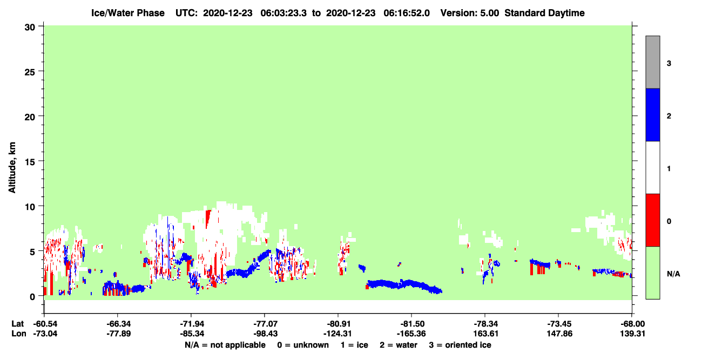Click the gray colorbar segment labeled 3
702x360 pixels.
(x=652, y=62)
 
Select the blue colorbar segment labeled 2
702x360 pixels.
(x=652, y=114)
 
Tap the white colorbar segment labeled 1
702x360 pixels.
(x=652, y=168)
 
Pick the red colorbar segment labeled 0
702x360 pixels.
(x=652, y=220)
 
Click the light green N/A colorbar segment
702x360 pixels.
(x=652, y=273)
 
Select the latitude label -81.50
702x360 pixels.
(x=412, y=324)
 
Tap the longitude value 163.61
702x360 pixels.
(x=486, y=334)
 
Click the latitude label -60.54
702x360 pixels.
(x=45, y=324)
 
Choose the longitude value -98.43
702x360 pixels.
(x=265, y=334)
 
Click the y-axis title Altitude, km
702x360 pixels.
(x=12, y=167)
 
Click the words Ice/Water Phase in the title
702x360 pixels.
(x=128, y=13)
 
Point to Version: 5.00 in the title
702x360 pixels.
(x=469, y=13)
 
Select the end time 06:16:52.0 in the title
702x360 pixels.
(x=407, y=13)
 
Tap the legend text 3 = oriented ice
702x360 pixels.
(x=460, y=345)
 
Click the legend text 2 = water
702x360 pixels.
(x=399, y=345)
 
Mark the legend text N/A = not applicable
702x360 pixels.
(x=225, y=345)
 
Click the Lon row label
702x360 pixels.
(x=19, y=334)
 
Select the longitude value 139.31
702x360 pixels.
(x=632, y=334)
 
